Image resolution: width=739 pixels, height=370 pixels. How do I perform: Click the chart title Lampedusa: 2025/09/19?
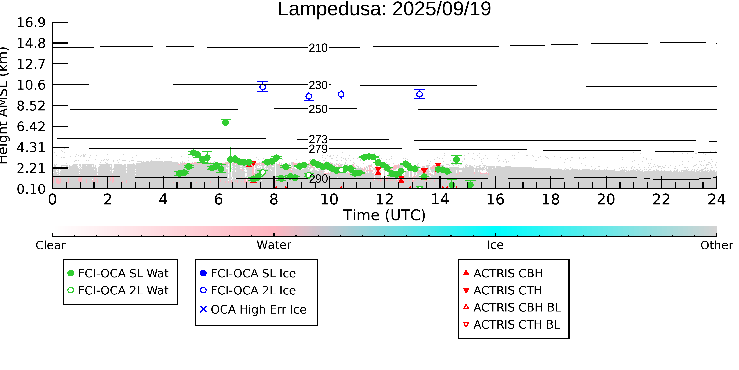pyautogui.click(x=384, y=9)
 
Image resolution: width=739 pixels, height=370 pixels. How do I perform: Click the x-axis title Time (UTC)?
pyautogui.click(x=384, y=215)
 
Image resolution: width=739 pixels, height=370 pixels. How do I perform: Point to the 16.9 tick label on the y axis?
pyautogui.click(x=31, y=22)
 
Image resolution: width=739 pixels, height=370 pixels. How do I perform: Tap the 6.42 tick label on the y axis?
pyautogui.click(x=31, y=127)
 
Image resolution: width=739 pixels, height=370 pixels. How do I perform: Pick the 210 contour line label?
pyautogui.click(x=318, y=48)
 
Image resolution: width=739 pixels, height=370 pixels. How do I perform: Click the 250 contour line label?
pyautogui.click(x=318, y=109)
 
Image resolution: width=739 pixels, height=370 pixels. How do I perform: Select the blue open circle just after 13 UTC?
pyautogui.click(x=419, y=94)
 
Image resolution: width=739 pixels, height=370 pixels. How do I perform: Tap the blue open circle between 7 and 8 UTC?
pyautogui.click(x=262, y=87)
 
